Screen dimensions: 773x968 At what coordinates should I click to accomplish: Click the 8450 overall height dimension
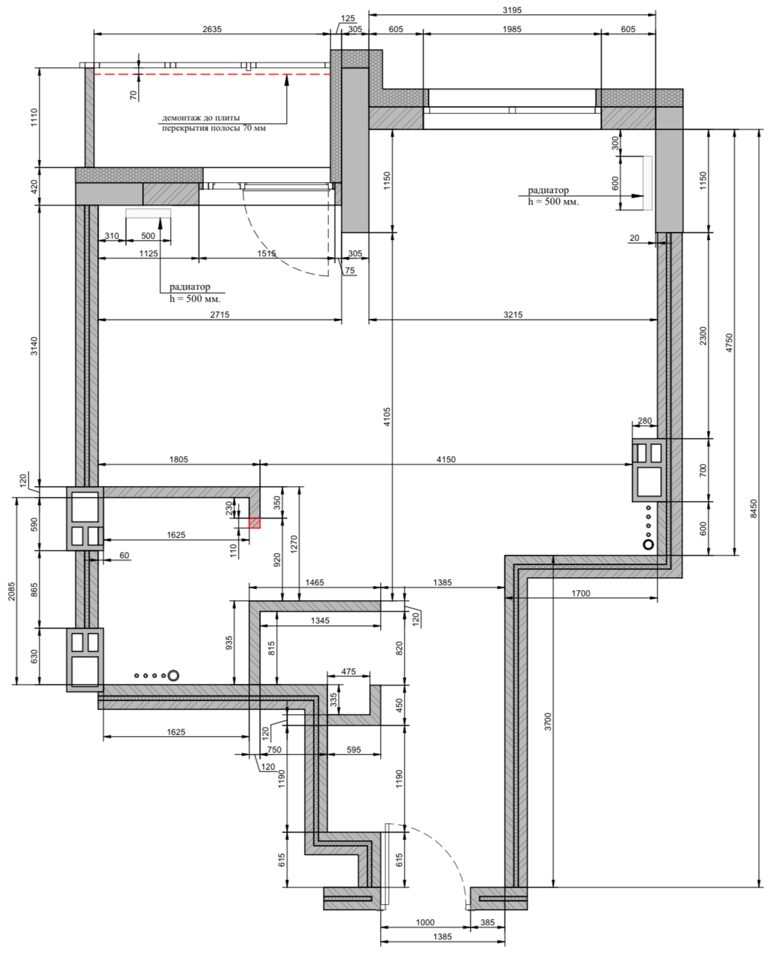(x=754, y=508)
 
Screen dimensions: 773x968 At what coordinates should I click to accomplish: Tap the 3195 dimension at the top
(x=512, y=10)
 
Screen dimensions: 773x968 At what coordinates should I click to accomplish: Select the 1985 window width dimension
(x=512, y=29)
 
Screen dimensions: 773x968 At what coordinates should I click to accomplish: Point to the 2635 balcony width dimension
(x=212, y=29)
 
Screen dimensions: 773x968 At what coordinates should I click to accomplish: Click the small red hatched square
(x=255, y=523)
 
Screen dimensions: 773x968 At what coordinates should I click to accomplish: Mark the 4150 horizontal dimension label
(x=446, y=460)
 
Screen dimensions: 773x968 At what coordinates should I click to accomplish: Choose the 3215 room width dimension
(x=513, y=315)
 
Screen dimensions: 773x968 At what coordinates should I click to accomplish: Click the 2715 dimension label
(x=220, y=315)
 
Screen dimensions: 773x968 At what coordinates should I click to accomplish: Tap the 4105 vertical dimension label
(x=387, y=417)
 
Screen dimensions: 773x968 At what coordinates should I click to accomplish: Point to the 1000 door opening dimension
(x=425, y=922)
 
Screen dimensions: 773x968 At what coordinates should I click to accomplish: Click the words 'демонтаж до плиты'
(x=201, y=118)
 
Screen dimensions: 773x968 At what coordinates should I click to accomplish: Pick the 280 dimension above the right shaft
(x=645, y=421)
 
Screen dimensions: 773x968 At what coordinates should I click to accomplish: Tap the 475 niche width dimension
(x=349, y=672)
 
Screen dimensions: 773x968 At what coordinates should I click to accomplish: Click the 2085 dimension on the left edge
(x=12, y=591)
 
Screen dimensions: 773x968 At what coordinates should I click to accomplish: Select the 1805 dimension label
(x=179, y=460)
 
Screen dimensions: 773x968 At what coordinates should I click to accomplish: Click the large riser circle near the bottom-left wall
(x=173, y=675)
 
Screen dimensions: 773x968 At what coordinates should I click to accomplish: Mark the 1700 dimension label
(x=581, y=593)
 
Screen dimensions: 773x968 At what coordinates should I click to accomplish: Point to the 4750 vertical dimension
(x=729, y=343)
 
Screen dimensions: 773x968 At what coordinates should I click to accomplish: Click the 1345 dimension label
(x=320, y=620)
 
